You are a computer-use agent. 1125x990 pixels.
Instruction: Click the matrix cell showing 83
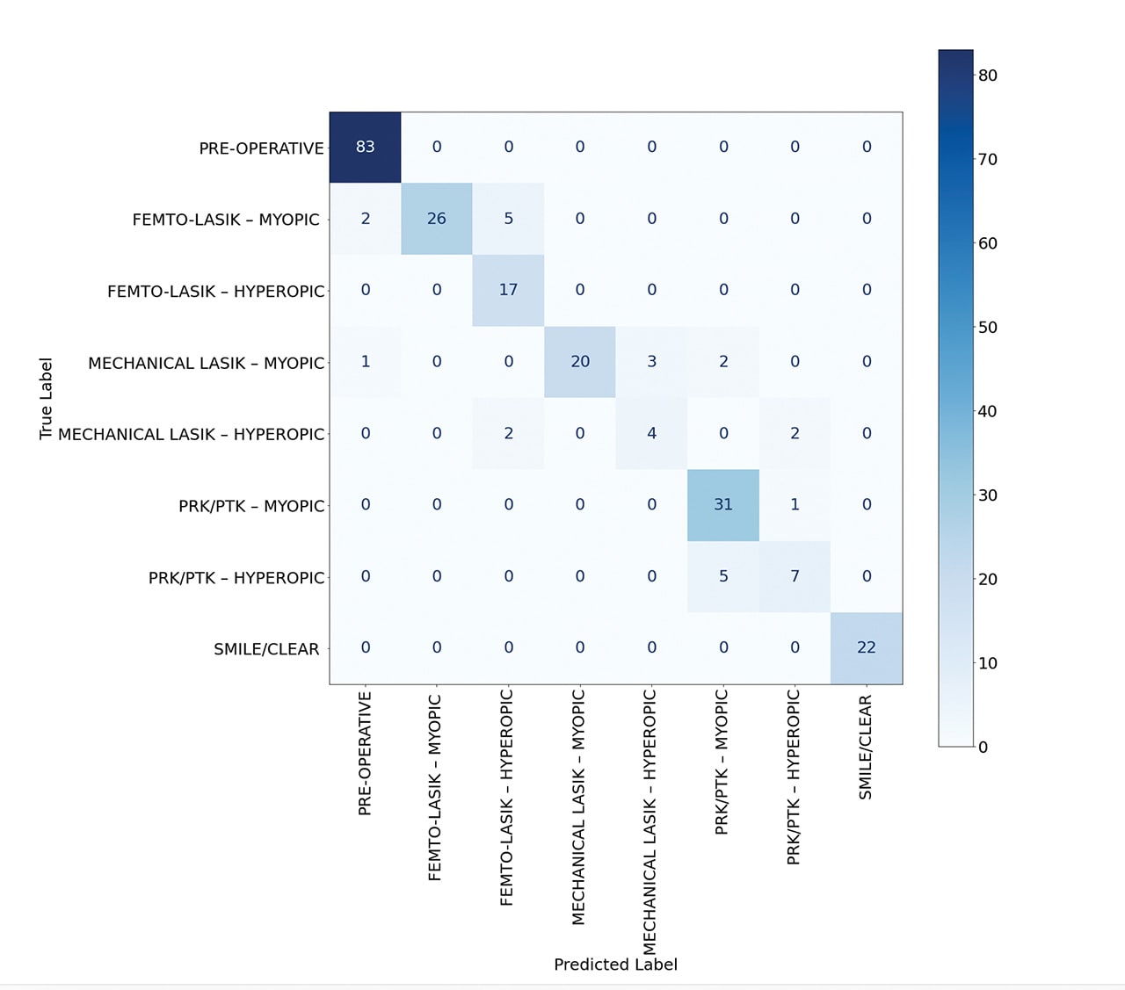tap(365, 147)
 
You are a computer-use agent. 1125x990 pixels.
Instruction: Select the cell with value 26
tap(437, 219)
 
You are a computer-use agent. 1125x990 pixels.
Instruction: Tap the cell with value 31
tap(723, 505)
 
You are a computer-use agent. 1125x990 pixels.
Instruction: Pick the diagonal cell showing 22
tap(867, 647)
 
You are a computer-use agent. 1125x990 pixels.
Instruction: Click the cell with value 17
tap(508, 290)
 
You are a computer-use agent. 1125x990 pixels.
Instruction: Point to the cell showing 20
tap(580, 362)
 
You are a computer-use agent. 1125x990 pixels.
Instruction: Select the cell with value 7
tap(795, 576)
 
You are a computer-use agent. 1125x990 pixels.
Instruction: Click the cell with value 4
tap(651, 433)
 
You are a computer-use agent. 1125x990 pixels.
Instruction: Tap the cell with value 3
tap(651, 362)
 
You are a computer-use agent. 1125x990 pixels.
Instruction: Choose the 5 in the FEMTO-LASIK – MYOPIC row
tap(508, 219)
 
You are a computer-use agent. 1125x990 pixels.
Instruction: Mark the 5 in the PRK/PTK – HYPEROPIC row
tap(723, 576)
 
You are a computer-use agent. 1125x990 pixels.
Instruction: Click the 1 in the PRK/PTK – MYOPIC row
tap(795, 505)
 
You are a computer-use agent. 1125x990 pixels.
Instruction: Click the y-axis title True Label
tap(47, 398)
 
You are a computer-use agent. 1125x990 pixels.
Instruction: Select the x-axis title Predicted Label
tap(615, 965)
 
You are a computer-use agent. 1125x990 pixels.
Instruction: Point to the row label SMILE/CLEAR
tap(266, 649)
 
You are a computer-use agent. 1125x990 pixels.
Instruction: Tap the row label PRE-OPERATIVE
tap(261, 148)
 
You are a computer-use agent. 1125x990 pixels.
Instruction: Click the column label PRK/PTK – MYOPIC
tap(722, 762)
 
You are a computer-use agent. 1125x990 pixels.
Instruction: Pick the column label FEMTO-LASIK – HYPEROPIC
tap(507, 797)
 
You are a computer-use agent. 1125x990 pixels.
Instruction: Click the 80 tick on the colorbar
tap(988, 76)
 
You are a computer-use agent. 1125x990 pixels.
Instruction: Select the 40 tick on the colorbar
tap(988, 411)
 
